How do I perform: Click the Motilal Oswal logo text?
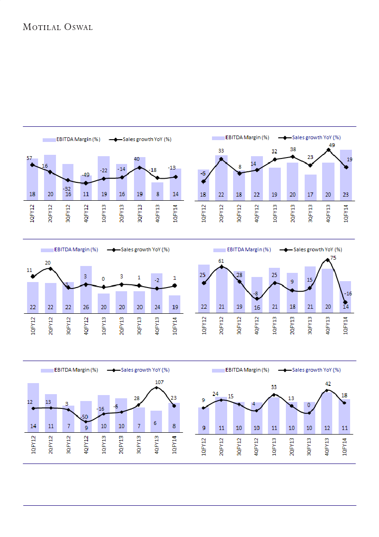[58, 27]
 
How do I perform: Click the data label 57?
[30, 158]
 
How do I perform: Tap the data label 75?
[333, 258]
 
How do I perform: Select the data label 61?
[221, 261]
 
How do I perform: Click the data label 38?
[293, 150]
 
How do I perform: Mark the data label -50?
[84, 417]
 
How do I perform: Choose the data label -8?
[256, 293]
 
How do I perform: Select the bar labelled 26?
[86, 289]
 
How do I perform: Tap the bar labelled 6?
[156, 421]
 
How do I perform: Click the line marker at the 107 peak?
[156, 388]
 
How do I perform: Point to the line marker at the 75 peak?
[328, 260]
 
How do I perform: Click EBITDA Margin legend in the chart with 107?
[69, 370]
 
